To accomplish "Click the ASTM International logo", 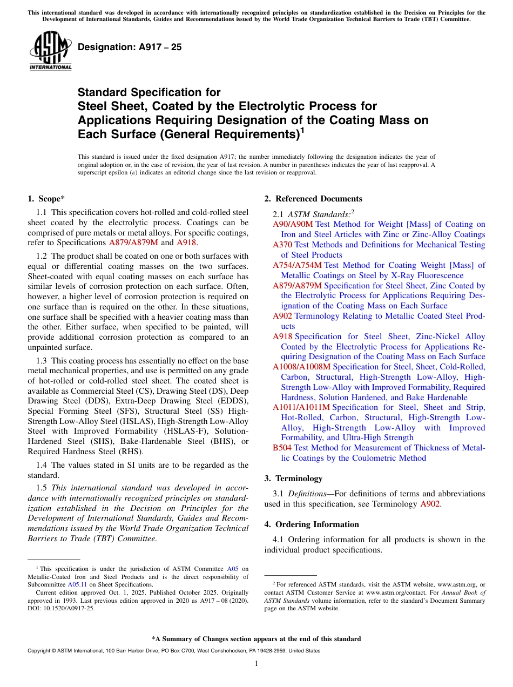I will pyautogui.click(x=50, y=51).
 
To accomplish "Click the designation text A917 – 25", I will pyautogui.click(x=130, y=48).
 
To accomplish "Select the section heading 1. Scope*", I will pyautogui.click(x=46, y=199).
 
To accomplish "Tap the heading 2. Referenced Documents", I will pyautogui.click(x=313, y=199).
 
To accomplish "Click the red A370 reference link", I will pyautogui.click(x=282, y=245).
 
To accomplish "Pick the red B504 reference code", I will pyautogui.click(x=282, y=448).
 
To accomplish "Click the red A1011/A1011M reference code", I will pyautogui.click(x=301, y=407).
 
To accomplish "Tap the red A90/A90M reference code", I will pyautogui.click(x=293, y=224).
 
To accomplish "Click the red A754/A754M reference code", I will pyautogui.click(x=297, y=265).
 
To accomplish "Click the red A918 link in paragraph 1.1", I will pyautogui.click(x=187, y=243).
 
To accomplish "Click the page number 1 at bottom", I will pyautogui.click(x=256, y=663).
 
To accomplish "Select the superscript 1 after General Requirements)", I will pyautogui.click(x=302, y=130).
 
